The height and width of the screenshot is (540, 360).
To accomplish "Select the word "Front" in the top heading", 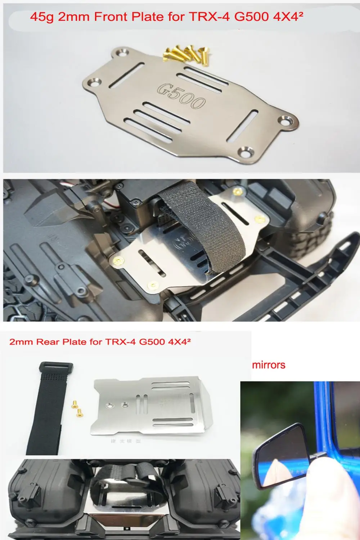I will (x=109, y=17).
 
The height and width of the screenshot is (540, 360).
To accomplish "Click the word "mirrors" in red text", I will (x=269, y=365).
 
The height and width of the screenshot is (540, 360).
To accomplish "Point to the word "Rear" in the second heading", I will (x=47, y=342).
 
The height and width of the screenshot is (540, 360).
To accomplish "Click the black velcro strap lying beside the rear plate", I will (x=47, y=410).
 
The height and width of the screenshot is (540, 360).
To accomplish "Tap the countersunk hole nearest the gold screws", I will (x=122, y=54).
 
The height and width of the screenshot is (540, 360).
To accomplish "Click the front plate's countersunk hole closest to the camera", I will (x=246, y=152).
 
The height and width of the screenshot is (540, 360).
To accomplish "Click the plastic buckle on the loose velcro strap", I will (x=56, y=369).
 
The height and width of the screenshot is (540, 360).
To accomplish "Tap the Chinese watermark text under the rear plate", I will (x=126, y=441).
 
